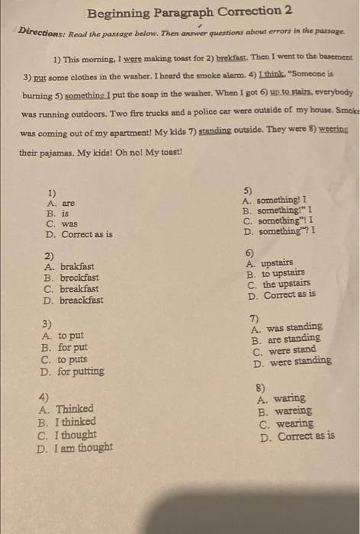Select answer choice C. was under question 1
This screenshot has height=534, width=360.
(x=62, y=224)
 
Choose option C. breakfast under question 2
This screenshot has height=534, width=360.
(x=73, y=289)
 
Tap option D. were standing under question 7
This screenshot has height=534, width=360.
(x=292, y=362)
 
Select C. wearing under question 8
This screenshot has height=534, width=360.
(x=286, y=423)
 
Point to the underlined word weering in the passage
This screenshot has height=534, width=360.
(x=333, y=130)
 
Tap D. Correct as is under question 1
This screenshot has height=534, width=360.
(x=79, y=235)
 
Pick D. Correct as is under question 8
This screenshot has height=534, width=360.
(x=297, y=437)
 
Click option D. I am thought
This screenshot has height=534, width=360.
(x=75, y=447)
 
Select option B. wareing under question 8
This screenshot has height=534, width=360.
(x=284, y=410)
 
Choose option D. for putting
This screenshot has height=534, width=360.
(x=72, y=372)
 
